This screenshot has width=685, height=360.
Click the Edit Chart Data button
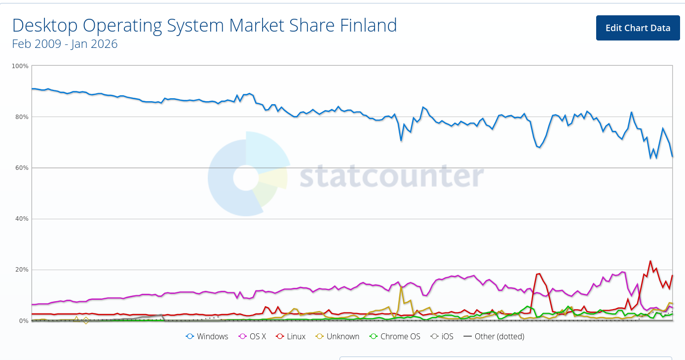(x=638, y=28)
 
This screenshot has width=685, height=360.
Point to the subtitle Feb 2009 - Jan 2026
(x=65, y=44)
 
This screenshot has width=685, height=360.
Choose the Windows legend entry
(x=207, y=336)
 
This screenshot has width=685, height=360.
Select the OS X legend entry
(x=253, y=336)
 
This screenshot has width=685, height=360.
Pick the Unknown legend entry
(x=338, y=336)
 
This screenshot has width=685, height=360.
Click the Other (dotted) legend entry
(x=494, y=336)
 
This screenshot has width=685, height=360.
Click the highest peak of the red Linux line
(x=650, y=261)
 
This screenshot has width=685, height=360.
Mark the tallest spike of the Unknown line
(x=401, y=287)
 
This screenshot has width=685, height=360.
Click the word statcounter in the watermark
(x=392, y=176)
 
